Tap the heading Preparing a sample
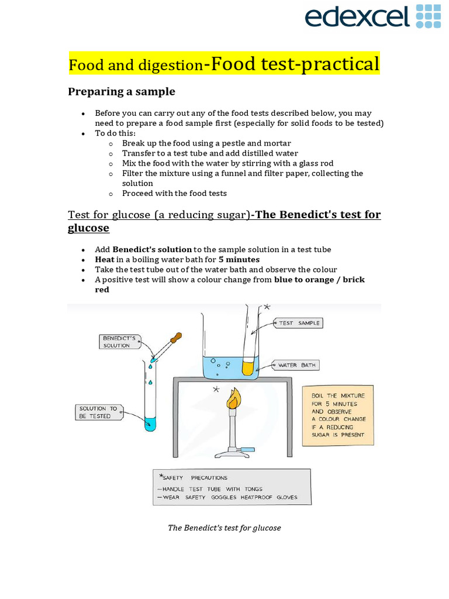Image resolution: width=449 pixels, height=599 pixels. click(121, 92)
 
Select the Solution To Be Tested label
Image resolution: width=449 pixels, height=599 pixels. click(98, 412)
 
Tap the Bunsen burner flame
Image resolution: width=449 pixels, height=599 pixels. click(233, 400)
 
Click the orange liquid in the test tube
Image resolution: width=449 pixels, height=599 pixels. click(250, 367)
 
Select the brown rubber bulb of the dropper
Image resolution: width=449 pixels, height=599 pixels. click(174, 339)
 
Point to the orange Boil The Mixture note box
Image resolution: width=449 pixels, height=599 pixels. click(338, 415)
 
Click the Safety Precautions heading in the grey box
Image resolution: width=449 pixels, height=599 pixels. click(193, 477)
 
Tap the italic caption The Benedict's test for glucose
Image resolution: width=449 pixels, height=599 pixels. click(224, 528)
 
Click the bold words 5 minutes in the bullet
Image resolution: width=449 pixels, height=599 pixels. click(239, 259)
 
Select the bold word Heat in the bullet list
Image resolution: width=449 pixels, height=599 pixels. click(105, 259)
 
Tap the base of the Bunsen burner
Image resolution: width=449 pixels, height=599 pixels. click(233, 452)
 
